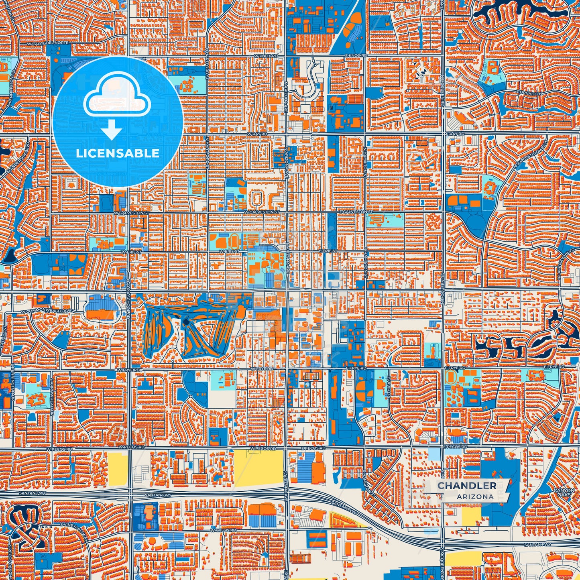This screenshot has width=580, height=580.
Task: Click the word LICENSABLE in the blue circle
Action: pyautogui.click(x=118, y=153)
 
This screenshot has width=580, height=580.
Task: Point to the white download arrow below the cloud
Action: pyautogui.click(x=112, y=129)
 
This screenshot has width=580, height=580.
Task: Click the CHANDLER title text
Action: pyautogui.click(x=467, y=486)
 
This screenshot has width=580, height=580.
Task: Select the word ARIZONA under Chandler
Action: pyautogui.click(x=475, y=497)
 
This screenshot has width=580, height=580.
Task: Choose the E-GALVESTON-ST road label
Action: pyautogui.click(x=356, y=211)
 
